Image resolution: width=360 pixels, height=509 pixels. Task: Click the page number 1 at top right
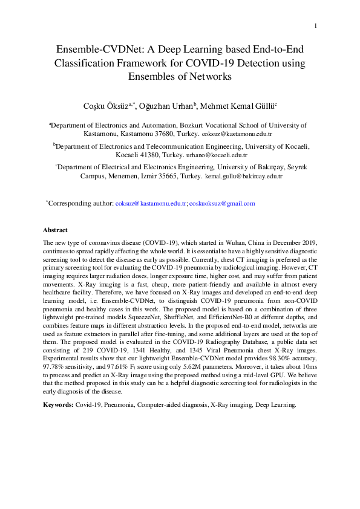(x=316, y=25)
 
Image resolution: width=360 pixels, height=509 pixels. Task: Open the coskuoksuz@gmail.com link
(x=222, y=204)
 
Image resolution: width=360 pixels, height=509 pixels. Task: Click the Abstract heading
(x=55, y=230)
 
